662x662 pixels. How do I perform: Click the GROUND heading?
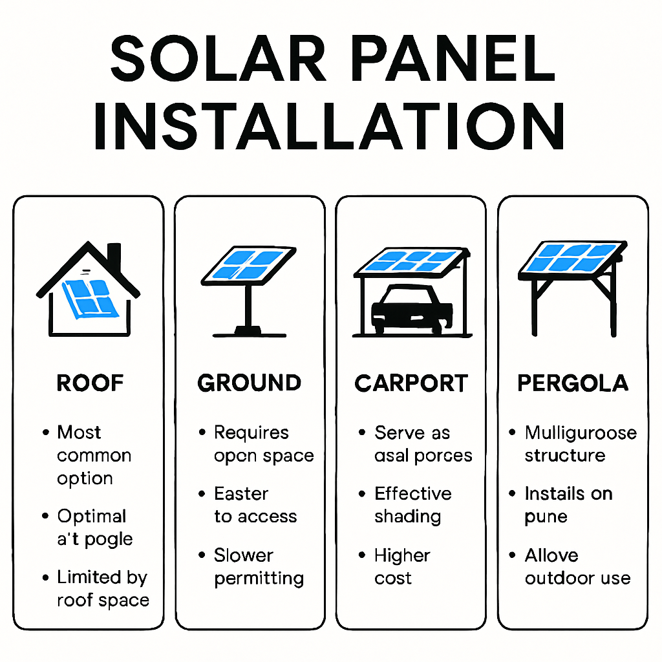tap(250, 383)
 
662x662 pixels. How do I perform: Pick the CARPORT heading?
tap(411, 383)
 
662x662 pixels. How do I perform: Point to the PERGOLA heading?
tap(573, 383)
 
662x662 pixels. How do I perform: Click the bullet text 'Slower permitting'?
tap(259, 567)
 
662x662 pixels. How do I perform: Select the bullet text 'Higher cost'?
tap(401, 567)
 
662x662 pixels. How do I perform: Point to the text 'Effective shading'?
tap(412, 505)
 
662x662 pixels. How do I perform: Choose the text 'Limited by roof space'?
tap(102, 588)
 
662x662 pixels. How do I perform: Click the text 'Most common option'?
tap(94, 455)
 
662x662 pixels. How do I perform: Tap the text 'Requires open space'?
tap(263, 444)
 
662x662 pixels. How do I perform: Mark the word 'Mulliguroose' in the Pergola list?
tap(580, 432)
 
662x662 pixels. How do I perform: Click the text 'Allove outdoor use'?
tap(577, 567)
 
